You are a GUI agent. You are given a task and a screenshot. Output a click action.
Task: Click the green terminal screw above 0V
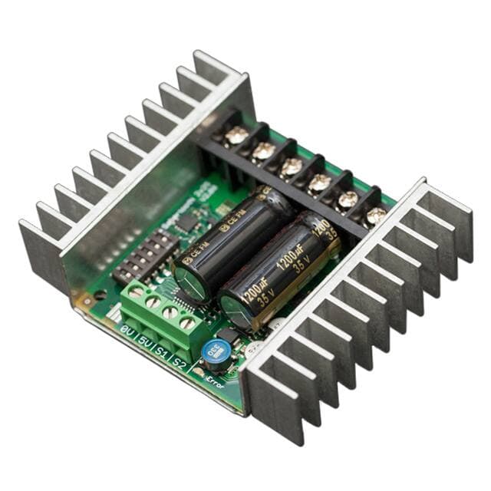137,292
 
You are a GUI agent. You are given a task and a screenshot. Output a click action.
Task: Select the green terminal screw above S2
186,323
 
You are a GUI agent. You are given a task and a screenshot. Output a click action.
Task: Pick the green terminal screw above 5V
153,302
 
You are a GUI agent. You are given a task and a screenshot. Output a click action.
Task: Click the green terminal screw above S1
170,312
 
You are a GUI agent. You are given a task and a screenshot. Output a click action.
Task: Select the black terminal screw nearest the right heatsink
376,216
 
